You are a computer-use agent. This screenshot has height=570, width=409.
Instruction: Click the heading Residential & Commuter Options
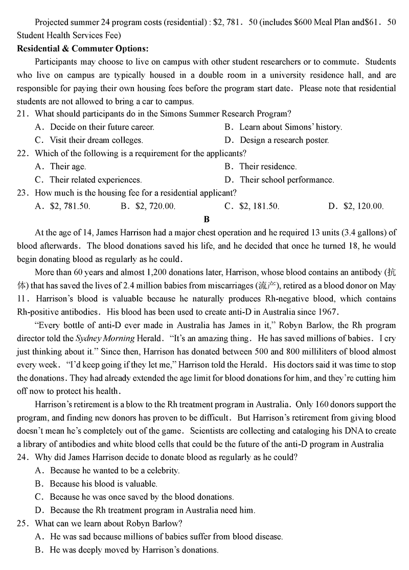tap(82, 49)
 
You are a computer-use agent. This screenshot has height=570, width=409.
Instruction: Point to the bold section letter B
tap(207, 220)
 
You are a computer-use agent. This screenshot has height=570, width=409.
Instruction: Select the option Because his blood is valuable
tap(103, 484)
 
